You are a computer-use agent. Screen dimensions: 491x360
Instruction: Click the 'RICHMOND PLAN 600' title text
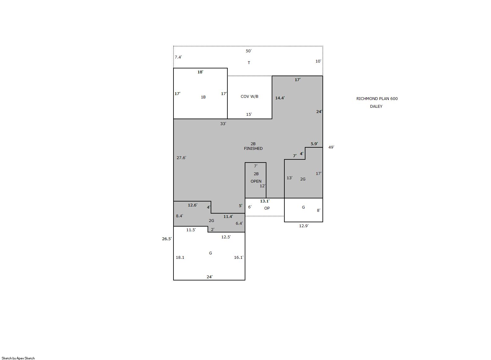377,99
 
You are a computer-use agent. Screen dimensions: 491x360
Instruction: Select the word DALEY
376,106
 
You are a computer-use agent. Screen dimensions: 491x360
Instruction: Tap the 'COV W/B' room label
249,97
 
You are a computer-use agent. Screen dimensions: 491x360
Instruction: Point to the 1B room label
203,97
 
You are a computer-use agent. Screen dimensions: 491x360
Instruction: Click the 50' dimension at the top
248,51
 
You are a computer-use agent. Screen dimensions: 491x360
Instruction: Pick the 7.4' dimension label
178,57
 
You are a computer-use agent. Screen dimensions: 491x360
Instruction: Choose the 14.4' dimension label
280,98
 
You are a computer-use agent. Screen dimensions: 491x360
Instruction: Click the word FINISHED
253,149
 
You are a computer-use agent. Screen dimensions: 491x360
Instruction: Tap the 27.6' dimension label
181,158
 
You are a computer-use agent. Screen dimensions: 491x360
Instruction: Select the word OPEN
256,181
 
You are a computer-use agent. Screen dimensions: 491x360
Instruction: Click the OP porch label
267,208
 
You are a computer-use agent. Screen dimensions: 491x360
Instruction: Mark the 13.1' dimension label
265,201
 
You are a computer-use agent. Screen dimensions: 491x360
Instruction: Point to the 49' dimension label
331,147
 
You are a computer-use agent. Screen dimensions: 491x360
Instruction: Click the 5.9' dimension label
314,144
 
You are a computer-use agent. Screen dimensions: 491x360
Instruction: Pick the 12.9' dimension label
304,226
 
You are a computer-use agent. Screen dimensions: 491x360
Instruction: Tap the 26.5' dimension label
167,239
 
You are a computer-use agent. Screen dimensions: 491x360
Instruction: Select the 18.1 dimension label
180,258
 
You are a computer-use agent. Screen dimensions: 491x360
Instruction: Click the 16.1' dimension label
239,258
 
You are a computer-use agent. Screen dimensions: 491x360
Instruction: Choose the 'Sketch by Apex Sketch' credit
18,358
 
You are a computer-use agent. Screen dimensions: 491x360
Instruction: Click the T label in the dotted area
249,63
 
